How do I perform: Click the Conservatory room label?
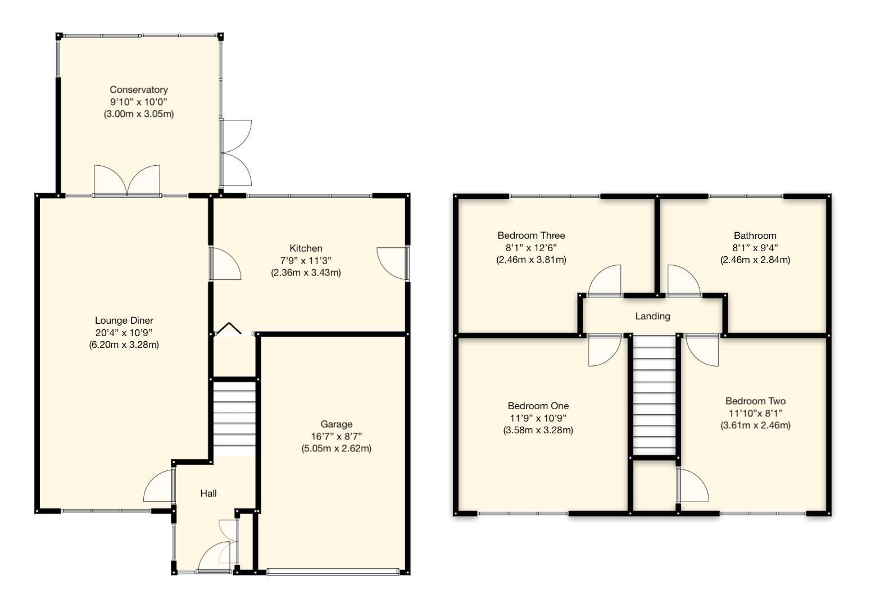coord(138,90)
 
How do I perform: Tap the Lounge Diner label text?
coord(124,321)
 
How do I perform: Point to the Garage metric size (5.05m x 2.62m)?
coord(336,449)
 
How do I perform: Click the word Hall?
coord(208,493)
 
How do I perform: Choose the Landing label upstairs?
coord(652,316)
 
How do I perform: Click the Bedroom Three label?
coord(531,235)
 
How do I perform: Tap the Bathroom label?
coord(755,235)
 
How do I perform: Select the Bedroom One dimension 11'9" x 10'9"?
coord(538,418)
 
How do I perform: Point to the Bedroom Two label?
coord(755,401)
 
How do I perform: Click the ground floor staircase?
coord(234,419)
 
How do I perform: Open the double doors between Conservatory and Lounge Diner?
coord(128,181)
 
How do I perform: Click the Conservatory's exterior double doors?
coord(235,153)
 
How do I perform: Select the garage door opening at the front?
coord(333,572)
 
